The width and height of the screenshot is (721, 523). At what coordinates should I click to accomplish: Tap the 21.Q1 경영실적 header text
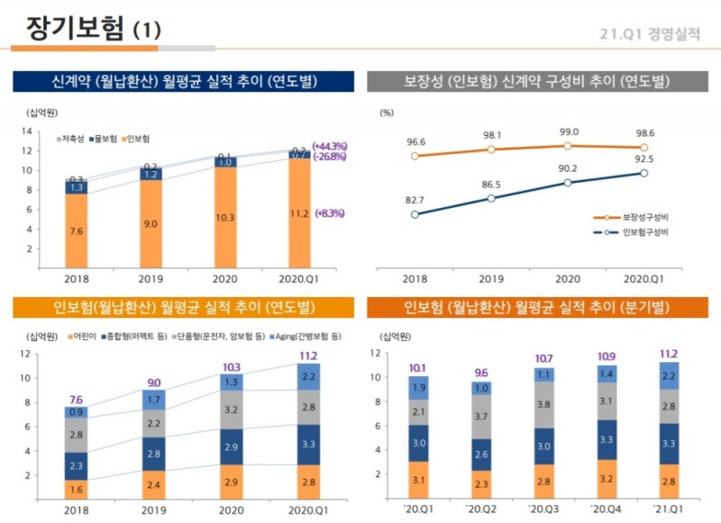pos(649,34)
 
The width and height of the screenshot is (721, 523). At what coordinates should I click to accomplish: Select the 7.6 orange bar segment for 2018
pos(77,230)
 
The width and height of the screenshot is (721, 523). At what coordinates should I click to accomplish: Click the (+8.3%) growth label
pos(329,213)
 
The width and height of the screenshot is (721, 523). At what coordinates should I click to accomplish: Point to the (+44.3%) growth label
pos(330,146)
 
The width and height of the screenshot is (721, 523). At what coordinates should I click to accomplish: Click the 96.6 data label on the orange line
pos(415,141)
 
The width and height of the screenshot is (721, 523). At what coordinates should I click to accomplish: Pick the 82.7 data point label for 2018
pos(415,200)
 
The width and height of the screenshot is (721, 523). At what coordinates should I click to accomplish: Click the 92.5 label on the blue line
pos(643,158)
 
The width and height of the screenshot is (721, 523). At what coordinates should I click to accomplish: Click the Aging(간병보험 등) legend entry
pos(305,336)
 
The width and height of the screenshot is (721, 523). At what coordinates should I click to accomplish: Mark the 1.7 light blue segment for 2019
pos(153,397)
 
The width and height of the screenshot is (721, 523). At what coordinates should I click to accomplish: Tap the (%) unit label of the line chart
pos(388,113)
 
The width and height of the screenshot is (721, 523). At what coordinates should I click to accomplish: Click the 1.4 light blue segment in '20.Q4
pos(607,373)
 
